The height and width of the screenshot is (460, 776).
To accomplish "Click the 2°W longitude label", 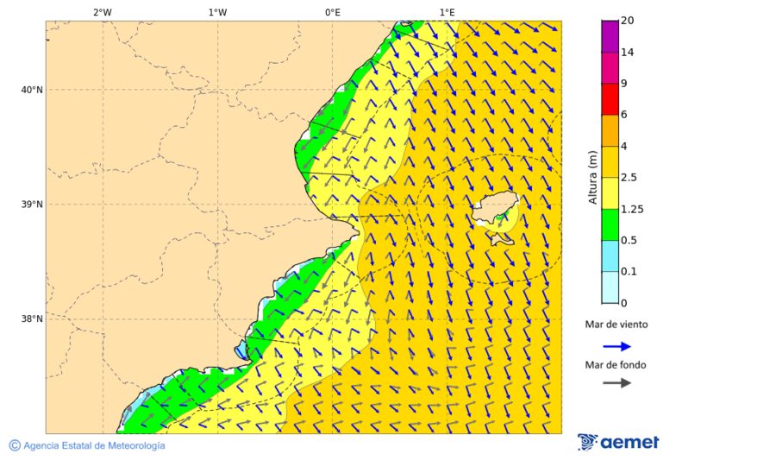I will [102, 12].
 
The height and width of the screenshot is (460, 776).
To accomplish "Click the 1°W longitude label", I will [217, 12].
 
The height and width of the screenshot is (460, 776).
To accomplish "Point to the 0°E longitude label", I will [332, 12].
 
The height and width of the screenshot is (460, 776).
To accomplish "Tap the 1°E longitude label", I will [447, 12].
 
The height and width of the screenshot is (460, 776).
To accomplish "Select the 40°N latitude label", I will [32, 90].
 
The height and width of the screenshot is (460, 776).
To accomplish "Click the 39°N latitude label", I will [32, 205].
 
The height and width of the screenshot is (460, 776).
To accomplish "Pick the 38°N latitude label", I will [32, 319].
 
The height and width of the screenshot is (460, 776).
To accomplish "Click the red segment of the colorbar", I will [610, 99].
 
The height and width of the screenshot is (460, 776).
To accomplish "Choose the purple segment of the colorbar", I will [610, 36].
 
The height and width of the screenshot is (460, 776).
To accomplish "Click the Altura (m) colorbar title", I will [592, 177].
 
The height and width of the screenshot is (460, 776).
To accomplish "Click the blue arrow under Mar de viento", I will [616, 346].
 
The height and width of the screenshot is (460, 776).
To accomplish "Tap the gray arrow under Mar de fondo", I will [616, 383].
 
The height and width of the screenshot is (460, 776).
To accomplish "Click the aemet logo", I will [618, 442].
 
